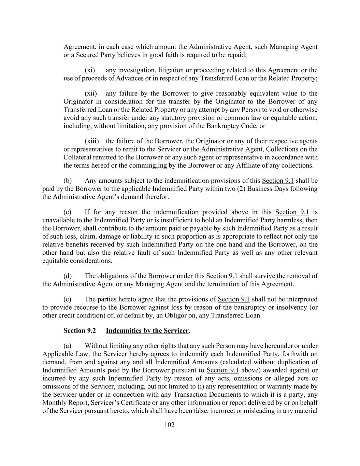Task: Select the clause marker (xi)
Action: tap(90, 70)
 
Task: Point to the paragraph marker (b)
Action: tap(68, 181)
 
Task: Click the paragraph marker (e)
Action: tap(68, 299)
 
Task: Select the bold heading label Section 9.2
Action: tap(80, 331)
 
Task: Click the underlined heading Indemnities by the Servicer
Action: tap(147, 331)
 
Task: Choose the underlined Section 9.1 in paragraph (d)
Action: tap(222, 276)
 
